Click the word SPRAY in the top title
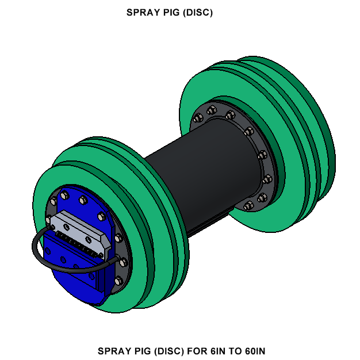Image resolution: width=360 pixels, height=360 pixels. pyautogui.click(x=140, y=13)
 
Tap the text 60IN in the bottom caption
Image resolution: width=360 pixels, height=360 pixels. pyautogui.click(x=252, y=350)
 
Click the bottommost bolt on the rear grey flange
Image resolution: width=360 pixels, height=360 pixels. pyautogui.click(x=248, y=205)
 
